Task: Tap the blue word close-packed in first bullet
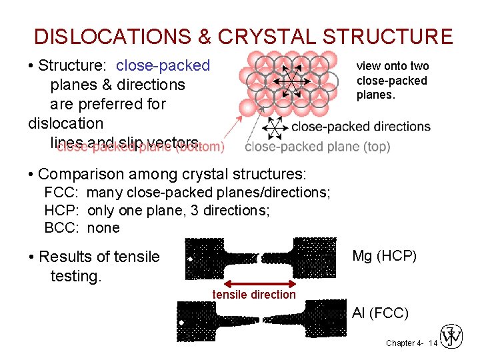163,65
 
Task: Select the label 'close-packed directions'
361,126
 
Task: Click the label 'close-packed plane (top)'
317,147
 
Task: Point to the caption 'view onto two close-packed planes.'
393,80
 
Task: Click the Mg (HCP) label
384,255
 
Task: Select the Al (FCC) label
380,313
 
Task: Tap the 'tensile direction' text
253,295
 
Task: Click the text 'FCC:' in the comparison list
62,193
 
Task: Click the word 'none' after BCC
103,227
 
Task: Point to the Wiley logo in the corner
452,337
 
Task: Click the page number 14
433,343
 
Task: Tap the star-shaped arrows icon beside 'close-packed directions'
273,127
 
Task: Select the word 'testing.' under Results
76,275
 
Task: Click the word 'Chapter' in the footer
400,343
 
